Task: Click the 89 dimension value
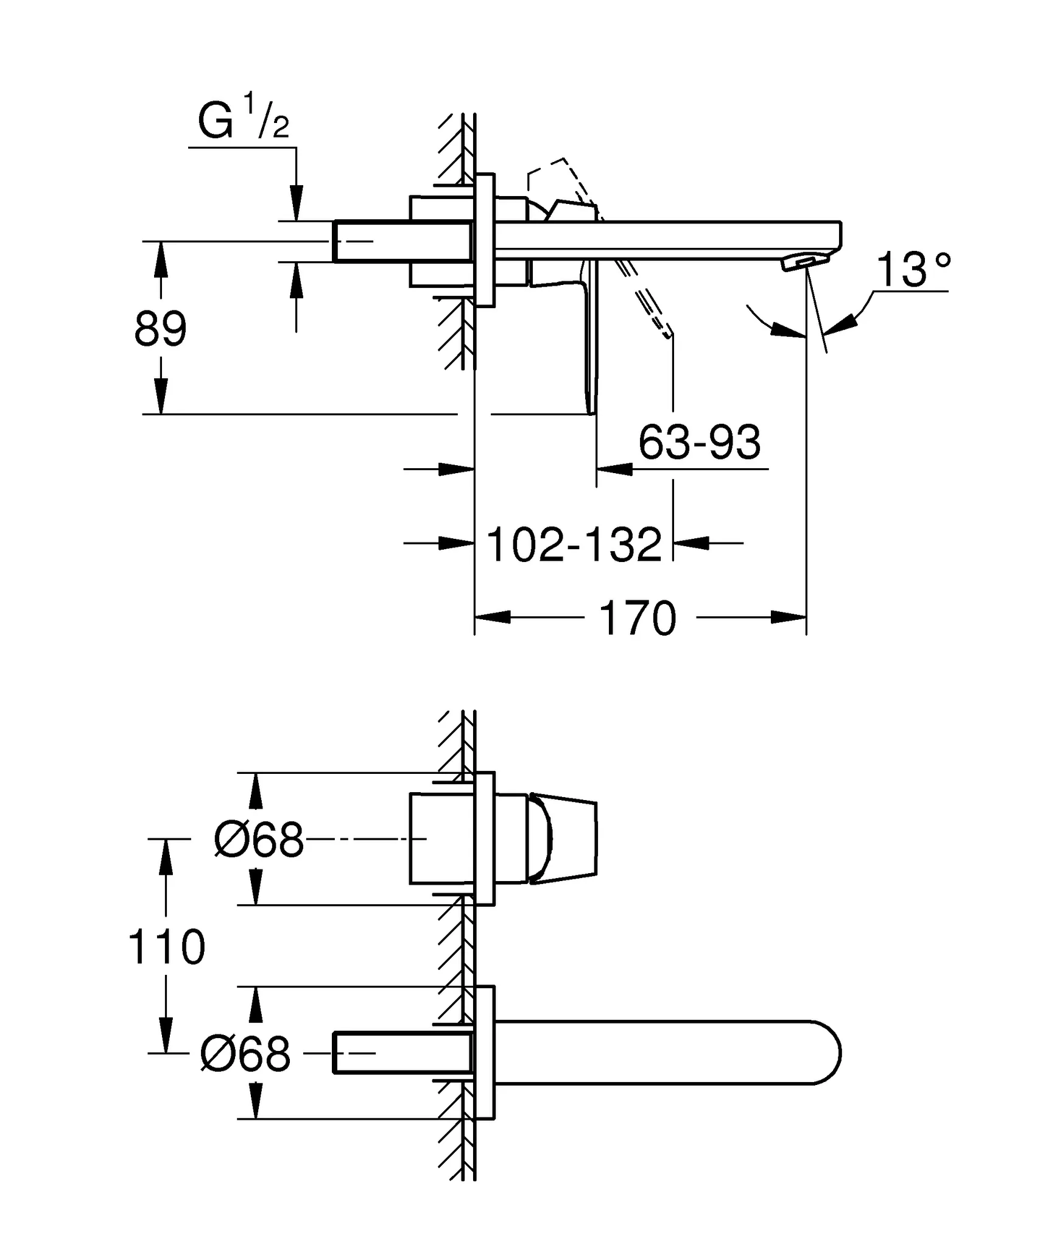(160, 329)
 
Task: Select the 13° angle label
(913, 270)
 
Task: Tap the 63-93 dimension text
(699, 443)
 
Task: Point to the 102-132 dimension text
(574, 545)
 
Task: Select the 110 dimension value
(166, 947)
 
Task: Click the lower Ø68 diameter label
(245, 1054)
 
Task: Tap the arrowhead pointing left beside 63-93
(615, 469)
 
